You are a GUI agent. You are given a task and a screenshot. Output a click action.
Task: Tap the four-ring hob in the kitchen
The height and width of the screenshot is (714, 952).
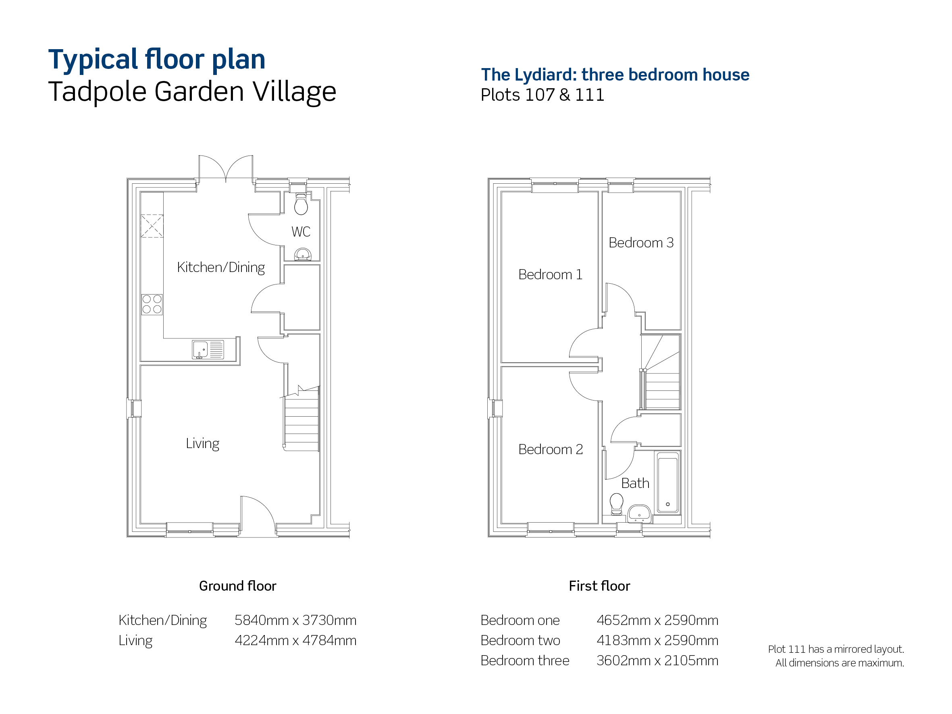(152, 304)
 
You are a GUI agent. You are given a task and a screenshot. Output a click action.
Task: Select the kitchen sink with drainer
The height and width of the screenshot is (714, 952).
(208, 349)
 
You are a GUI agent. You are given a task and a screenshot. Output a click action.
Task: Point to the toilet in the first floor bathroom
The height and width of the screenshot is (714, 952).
(617, 504)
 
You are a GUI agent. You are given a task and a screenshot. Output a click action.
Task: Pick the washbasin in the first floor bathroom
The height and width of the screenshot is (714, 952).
(639, 514)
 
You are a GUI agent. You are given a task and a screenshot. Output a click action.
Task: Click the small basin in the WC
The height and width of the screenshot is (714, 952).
(303, 254)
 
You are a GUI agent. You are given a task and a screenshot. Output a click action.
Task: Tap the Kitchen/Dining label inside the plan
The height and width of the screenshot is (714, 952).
(221, 267)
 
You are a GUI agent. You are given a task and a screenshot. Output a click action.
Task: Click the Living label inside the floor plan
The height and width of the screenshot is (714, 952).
(202, 443)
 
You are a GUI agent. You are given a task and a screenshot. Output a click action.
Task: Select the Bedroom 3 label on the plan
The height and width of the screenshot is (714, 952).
(641, 243)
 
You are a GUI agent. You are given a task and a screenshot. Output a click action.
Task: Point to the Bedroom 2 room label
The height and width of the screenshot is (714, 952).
(551, 449)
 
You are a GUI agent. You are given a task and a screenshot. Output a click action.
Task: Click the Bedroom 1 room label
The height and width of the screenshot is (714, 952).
(550, 274)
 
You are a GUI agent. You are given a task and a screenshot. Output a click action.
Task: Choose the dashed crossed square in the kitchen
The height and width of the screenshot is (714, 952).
(152, 226)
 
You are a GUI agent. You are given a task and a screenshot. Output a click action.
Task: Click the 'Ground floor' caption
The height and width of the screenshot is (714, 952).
(237, 586)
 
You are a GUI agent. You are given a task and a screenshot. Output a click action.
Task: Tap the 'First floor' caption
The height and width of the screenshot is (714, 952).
(599, 586)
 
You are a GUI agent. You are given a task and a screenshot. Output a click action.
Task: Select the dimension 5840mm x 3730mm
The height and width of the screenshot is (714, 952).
(295, 620)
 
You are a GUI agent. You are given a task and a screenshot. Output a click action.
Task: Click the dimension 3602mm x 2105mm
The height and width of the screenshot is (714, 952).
(657, 661)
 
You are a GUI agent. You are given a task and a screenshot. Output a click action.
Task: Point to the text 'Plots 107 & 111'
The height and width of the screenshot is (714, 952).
(542, 95)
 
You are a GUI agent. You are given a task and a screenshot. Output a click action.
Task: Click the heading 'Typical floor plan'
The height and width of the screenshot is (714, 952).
(157, 59)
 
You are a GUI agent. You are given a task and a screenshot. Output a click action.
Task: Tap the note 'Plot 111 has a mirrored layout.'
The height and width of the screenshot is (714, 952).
(836, 649)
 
